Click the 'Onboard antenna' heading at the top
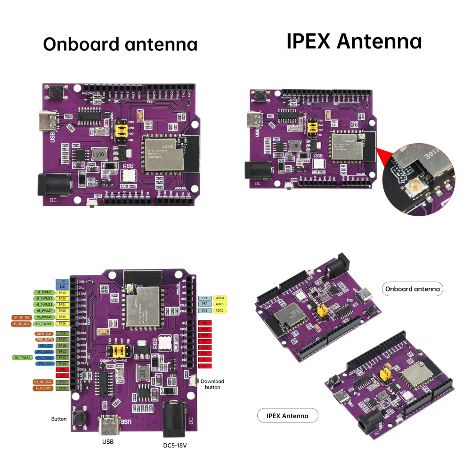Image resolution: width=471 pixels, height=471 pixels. [x=120, y=44]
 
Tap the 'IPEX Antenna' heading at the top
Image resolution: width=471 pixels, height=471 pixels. [x=354, y=41]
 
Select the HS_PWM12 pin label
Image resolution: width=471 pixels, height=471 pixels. [x=43, y=299]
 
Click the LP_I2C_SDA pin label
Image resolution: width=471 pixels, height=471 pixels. [x=21, y=324]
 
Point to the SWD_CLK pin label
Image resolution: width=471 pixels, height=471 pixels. [x=44, y=333]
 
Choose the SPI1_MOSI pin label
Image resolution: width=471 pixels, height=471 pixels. [x=44, y=351]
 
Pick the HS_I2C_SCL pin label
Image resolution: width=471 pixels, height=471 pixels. [x=42, y=388]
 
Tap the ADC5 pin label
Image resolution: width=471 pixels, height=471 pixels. [x=220, y=304]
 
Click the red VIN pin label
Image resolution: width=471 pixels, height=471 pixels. [x=204, y=323]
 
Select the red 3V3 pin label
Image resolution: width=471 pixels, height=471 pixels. [x=204, y=347]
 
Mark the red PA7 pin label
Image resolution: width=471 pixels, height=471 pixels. [x=204, y=365]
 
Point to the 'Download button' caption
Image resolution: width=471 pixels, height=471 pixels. [x=212, y=384]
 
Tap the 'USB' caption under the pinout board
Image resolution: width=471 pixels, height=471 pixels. [x=108, y=442]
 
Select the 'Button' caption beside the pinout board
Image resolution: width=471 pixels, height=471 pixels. [x=59, y=419]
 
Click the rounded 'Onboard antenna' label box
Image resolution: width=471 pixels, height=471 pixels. [x=412, y=289]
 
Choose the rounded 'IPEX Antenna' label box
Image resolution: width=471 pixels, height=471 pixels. [x=287, y=415]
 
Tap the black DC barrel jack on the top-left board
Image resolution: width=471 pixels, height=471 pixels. [x=54, y=184]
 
